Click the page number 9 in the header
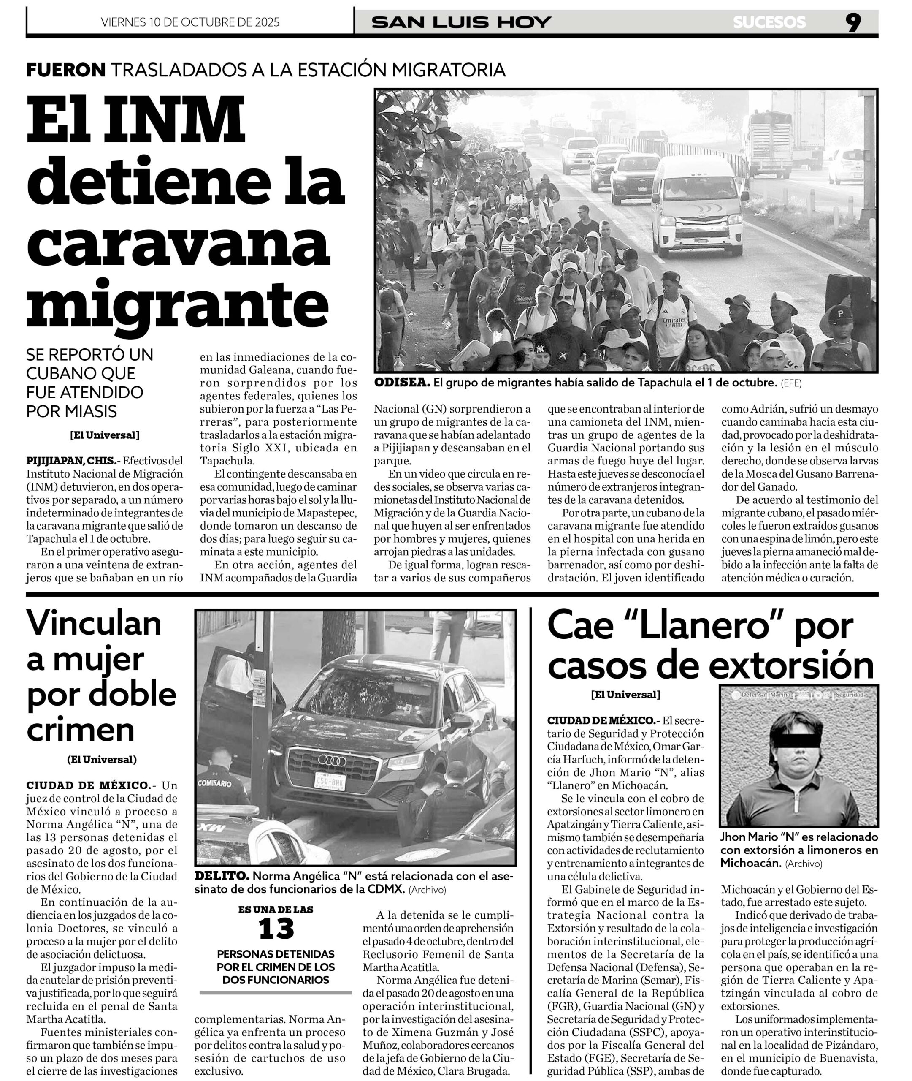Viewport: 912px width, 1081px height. pyautogui.click(x=854, y=22)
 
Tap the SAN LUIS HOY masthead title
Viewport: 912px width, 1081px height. pyautogui.click(x=461, y=22)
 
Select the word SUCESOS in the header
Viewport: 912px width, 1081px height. pyautogui.click(x=769, y=22)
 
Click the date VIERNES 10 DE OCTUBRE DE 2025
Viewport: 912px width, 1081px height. pyautogui.click(x=190, y=22)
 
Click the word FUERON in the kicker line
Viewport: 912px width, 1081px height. pyautogui.click(x=66, y=70)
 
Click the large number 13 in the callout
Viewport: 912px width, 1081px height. pyautogui.click(x=276, y=929)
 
